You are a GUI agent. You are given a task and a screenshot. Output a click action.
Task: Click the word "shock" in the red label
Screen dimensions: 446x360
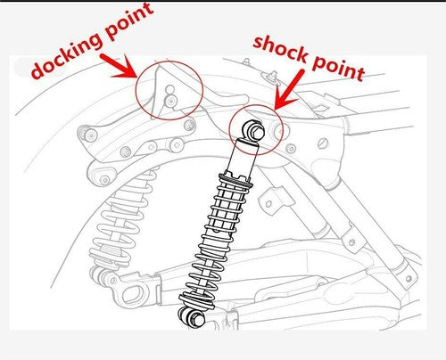pyautogui.click(x=279, y=49)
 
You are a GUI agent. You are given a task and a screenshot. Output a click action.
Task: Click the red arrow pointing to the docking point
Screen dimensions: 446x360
pyautogui.click(x=119, y=66)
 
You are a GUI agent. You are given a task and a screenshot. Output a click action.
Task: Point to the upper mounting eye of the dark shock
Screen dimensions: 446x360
pyautogui.click(x=253, y=129)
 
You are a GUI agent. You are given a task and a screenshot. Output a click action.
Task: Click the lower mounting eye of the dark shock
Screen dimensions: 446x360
pyautogui.click(x=192, y=317)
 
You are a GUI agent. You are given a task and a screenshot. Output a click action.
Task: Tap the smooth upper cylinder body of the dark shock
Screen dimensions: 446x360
pyautogui.click(x=242, y=158)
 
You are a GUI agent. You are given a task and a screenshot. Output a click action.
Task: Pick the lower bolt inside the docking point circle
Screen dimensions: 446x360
pyautogui.click(x=170, y=101)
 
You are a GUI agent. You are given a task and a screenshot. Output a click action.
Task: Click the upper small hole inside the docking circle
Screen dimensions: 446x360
pyautogui.click(x=169, y=89)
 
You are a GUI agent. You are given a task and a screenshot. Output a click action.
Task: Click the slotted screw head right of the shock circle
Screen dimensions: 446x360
pyautogui.click(x=322, y=143)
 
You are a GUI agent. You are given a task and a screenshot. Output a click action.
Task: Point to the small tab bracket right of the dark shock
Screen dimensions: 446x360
pyautogui.click(x=276, y=199)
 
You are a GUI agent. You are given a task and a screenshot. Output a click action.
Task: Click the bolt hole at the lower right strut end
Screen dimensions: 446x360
pyautogui.click(x=409, y=279)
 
